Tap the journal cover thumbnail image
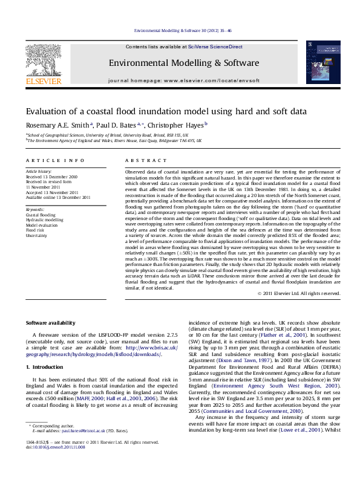pos(318,62)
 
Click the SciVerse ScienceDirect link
pos(215,47)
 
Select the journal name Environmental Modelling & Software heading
pos(175,63)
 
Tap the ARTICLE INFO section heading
pos(55,160)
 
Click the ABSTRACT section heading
pos(141,160)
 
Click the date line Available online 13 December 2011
pos(58,197)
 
